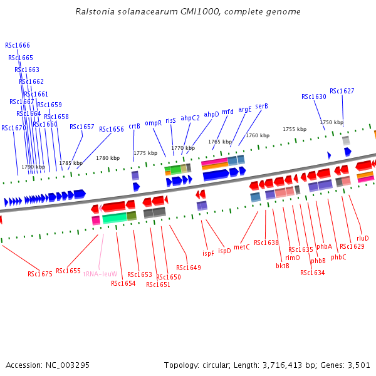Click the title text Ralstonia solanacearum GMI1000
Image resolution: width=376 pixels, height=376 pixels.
(187, 12)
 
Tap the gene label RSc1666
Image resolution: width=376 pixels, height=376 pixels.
(18, 45)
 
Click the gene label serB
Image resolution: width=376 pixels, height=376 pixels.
(261, 107)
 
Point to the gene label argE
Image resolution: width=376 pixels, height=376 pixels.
(244, 109)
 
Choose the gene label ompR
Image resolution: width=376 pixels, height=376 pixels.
(154, 123)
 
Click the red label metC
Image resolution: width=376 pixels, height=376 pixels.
(242, 248)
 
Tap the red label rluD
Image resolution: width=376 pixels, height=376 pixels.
(363, 238)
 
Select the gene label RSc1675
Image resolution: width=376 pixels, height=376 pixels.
(40, 274)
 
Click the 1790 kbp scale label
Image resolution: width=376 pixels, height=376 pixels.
(33, 167)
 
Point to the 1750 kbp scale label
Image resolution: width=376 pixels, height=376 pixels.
(332, 123)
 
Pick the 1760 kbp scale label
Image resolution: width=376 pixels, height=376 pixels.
(258, 135)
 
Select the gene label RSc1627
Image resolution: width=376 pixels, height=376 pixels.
(342, 91)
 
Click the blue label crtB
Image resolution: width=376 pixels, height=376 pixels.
(134, 126)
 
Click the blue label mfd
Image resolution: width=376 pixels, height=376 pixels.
(227, 112)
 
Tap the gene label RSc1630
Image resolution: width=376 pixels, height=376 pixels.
(314, 97)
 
